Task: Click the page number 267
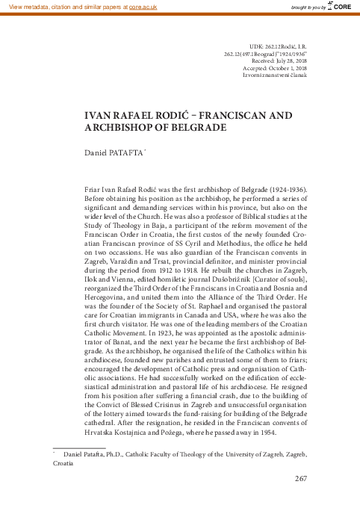coord(302,479)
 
